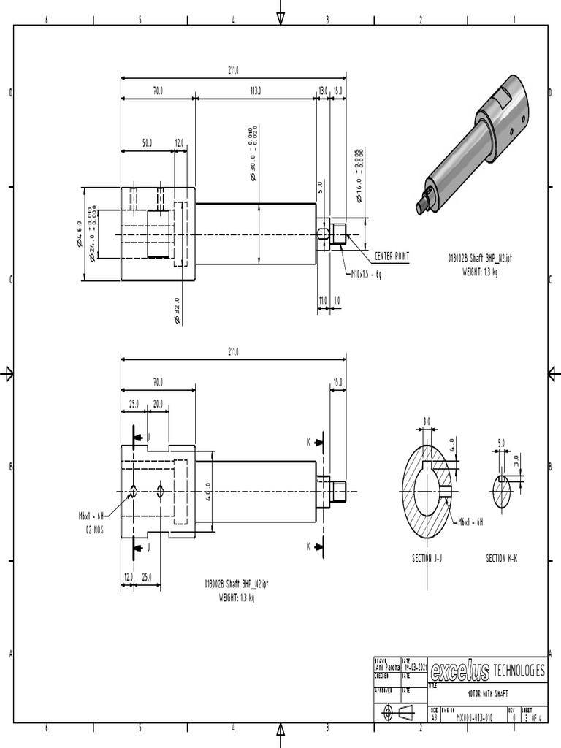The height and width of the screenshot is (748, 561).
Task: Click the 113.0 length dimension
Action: click(x=256, y=91)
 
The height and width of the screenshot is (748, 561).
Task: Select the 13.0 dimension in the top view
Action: click(x=322, y=91)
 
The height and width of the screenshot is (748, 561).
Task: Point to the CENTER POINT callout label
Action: click(x=392, y=256)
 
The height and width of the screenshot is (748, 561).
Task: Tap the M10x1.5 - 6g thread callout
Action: click(x=367, y=275)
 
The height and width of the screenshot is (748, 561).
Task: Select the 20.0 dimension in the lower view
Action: click(x=157, y=404)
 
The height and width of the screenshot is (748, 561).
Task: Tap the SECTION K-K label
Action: click(x=506, y=558)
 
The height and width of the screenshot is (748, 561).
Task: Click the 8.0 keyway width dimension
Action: click(x=427, y=421)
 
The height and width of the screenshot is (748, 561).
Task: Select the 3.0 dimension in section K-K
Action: click(x=516, y=461)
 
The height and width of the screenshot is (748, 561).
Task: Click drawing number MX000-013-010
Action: click(x=475, y=718)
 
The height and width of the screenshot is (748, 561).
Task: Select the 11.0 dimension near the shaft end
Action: click(x=322, y=300)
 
